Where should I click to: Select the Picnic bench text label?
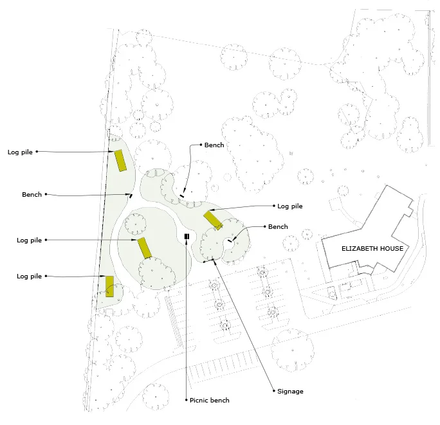click(x=210, y=401)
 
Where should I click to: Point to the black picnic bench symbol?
click(x=187, y=237)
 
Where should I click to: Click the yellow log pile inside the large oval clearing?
click(x=145, y=248)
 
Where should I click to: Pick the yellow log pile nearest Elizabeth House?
click(x=213, y=220)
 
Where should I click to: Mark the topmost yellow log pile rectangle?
click(x=120, y=160)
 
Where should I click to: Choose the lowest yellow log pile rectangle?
click(x=110, y=286)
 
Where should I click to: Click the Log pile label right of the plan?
click(x=289, y=206)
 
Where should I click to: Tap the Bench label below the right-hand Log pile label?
click(x=278, y=227)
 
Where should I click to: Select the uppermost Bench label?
click(x=214, y=145)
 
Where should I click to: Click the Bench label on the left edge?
click(x=32, y=194)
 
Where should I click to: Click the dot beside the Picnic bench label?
click(x=187, y=401)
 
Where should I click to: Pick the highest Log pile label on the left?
click(x=20, y=152)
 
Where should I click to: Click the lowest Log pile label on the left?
click(x=29, y=276)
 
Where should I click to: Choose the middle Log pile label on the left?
click(x=29, y=240)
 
